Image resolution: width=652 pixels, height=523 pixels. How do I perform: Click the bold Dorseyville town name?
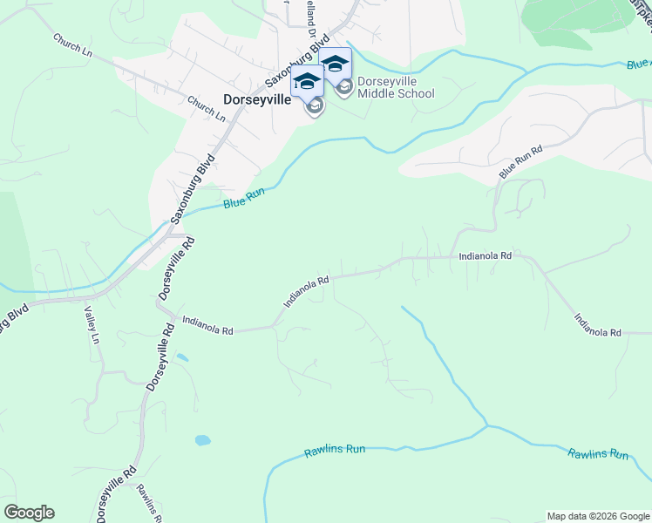[x=256, y=99]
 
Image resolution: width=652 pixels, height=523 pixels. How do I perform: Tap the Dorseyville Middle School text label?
[x=396, y=87]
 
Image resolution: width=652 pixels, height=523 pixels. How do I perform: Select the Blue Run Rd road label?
[x=520, y=163]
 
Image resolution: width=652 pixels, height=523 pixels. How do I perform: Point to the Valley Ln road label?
[x=90, y=325]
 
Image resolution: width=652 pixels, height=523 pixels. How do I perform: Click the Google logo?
[x=29, y=513]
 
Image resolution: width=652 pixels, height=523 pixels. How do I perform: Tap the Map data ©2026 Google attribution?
[x=598, y=516]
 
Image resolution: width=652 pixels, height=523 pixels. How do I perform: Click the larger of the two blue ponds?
[x=202, y=440]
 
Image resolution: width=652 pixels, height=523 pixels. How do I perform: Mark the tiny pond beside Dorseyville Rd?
[x=181, y=357]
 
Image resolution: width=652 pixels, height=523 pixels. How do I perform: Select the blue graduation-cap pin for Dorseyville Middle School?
[x=336, y=63]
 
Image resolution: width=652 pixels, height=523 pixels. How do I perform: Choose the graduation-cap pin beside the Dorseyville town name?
[x=307, y=81]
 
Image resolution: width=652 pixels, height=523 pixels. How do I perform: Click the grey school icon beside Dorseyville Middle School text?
[x=344, y=87]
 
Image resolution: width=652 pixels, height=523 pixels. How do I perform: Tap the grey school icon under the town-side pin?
[x=314, y=106]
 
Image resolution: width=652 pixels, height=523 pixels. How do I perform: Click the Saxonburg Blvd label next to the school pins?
[x=297, y=62]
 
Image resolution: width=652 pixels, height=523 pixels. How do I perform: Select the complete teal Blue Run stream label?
[x=243, y=200]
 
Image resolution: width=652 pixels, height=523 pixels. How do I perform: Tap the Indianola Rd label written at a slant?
[x=305, y=292]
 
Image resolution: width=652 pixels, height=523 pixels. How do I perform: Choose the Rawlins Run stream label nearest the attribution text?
[x=598, y=454]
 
